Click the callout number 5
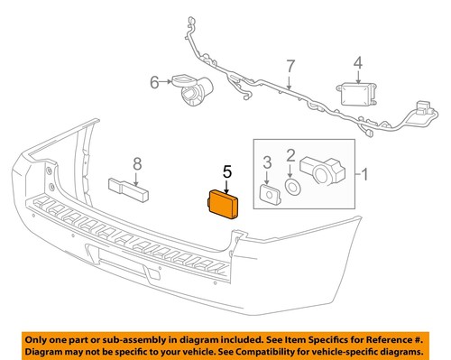[227, 170]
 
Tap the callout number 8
[137, 163]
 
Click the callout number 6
[153, 82]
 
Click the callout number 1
[364, 172]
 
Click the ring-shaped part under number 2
[292, 187]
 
